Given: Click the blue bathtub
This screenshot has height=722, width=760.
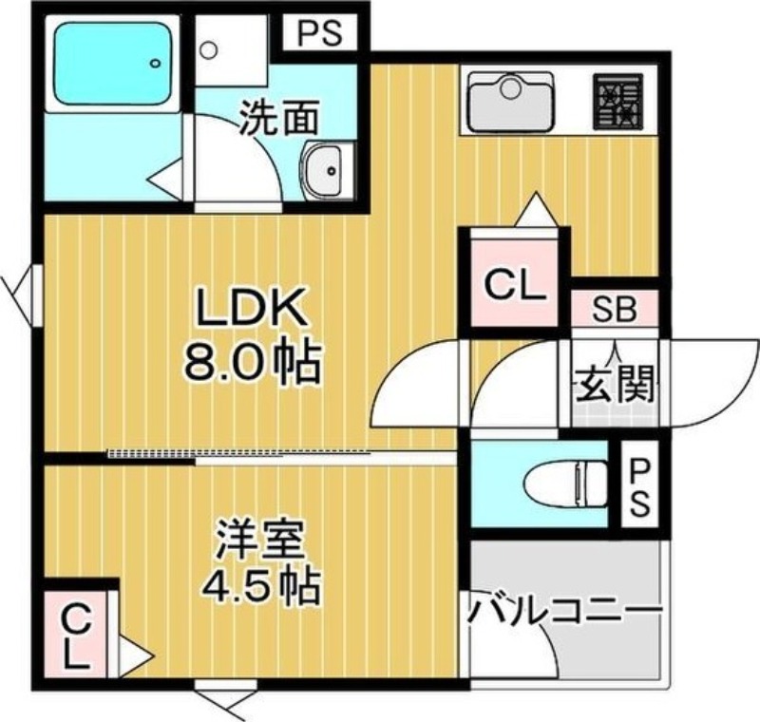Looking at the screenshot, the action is coord(113,64).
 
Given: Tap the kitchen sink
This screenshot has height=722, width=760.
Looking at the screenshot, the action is coord(511,102).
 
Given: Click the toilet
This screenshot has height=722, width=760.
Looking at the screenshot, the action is coord(565,484).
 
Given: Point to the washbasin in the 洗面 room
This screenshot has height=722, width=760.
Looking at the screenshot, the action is coord(323,170).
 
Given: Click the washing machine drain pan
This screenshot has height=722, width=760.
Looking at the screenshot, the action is coord(232,51).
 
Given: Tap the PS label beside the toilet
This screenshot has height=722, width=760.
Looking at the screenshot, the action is coord(639,488).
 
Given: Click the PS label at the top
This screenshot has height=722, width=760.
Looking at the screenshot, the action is coord(320,32).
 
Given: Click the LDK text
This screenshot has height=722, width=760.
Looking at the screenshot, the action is coord(251,309).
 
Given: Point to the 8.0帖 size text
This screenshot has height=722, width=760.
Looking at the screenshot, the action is coord(253,363).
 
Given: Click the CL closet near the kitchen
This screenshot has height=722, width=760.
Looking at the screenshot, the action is coord(515,283).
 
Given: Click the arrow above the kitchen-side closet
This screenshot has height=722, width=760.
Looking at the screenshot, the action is coord(536,209).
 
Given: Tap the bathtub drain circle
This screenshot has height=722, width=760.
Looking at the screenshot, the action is coord(155,63).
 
